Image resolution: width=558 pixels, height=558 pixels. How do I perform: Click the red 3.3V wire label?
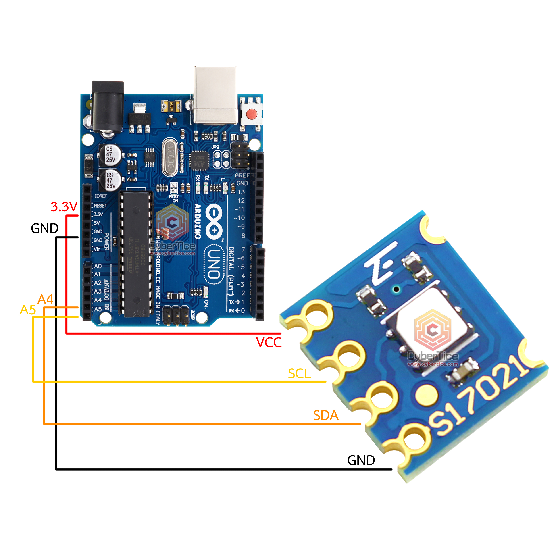(x=64, y=207)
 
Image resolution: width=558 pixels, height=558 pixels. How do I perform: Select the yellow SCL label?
(x=299, y=374)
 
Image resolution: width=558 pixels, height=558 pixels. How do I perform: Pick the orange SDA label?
(x=325, y=416)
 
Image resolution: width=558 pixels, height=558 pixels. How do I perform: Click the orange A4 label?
(x=46, y=300)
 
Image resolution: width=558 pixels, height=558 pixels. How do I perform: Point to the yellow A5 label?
(x=28, y=310)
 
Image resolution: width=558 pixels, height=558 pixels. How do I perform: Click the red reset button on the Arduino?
(x=252, y=114)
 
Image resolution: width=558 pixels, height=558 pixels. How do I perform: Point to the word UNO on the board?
(x=214, y=264)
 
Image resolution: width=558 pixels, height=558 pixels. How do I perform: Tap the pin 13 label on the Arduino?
(x=241, y=192)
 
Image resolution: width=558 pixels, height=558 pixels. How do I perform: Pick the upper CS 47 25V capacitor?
(x=110, y=155)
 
